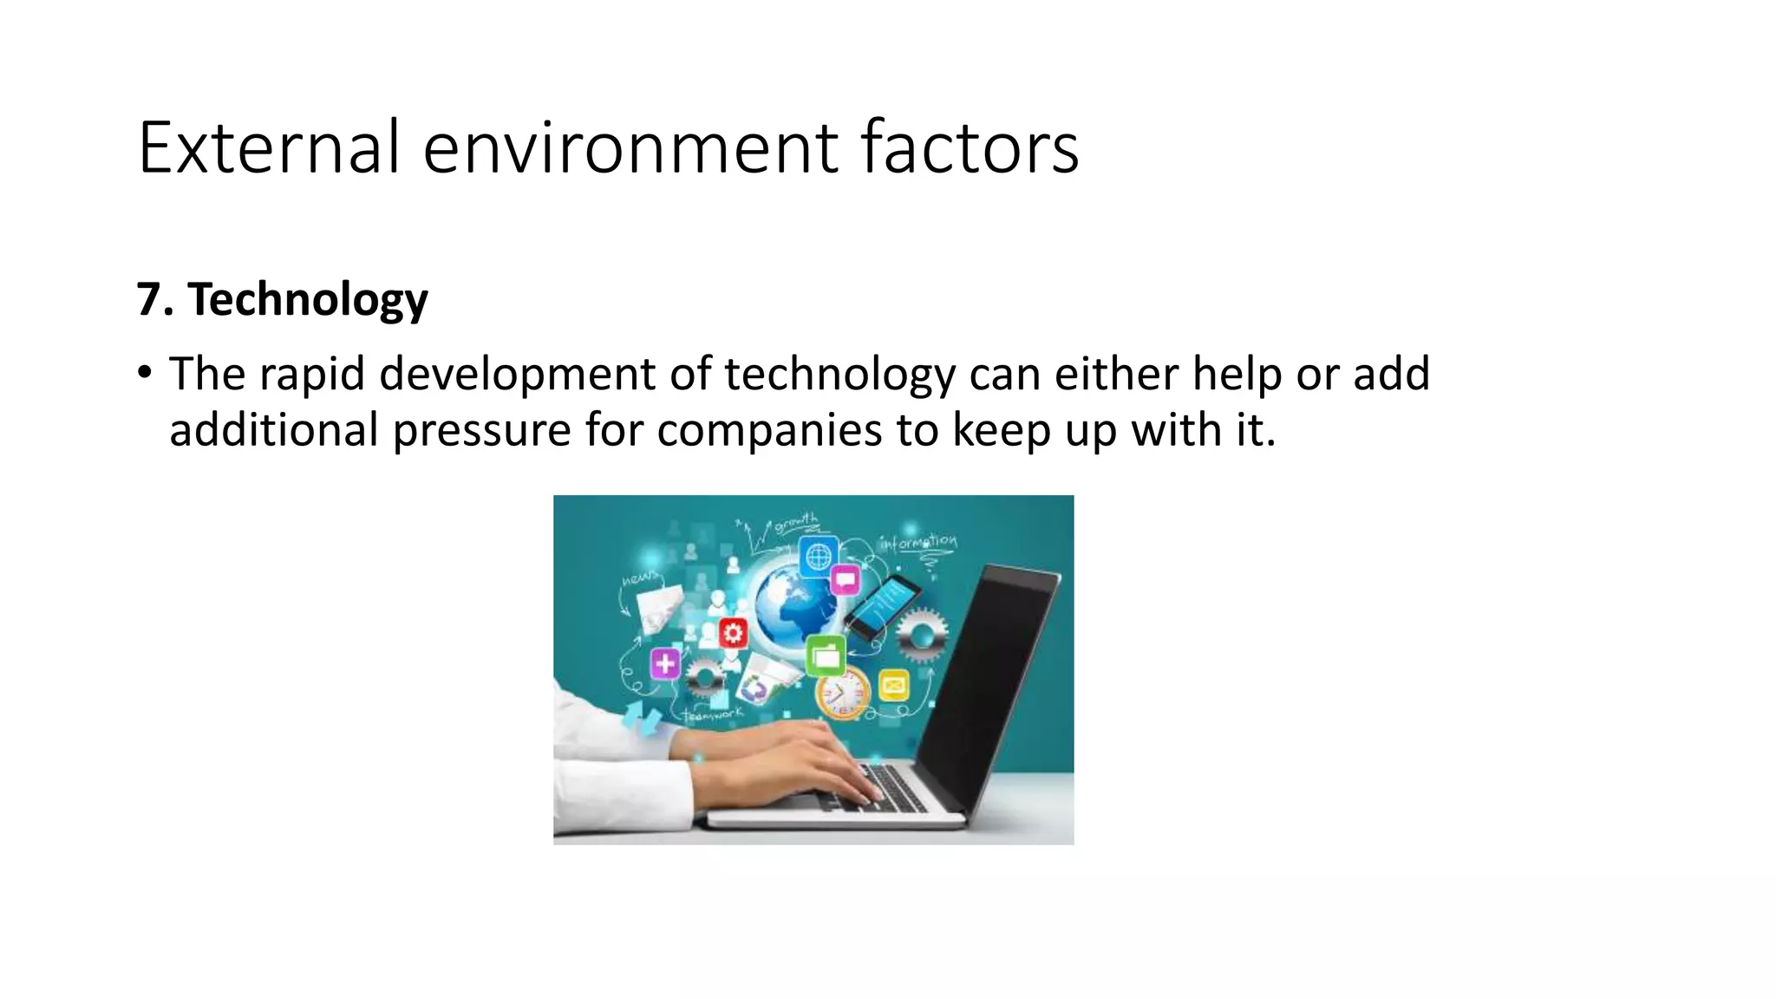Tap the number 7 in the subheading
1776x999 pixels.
pos(149,299)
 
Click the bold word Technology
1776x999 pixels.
pos(308,300)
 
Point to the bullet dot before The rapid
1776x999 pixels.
pos(145,374)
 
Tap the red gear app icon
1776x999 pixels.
pos(734,634)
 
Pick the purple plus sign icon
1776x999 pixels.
pos(665,664)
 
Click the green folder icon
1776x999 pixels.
pos(826,656)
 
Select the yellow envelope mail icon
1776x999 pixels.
pos(893,686)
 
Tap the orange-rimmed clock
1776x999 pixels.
pos(842,694)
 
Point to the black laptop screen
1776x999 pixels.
pos(989,676)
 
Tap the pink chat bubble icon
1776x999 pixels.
pos(845,579)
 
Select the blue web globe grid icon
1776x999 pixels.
pos(818,556)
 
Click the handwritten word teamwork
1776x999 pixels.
pos(713,714)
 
